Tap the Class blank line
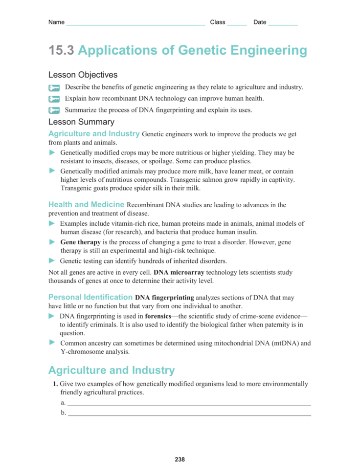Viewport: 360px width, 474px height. click(237, 23)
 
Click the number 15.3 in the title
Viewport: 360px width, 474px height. click(61, 51)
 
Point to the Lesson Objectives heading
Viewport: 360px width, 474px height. click(83, 75)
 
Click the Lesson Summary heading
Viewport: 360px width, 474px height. click(81, 122)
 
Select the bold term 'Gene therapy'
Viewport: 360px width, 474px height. click(80, 242)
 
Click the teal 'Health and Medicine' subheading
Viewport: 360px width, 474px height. click(86, 205)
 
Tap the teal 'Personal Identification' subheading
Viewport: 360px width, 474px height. click(90, 297)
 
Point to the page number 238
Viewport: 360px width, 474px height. click(180, 459)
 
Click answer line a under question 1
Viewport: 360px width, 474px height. click(189, 405)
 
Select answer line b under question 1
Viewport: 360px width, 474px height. click(189, 415)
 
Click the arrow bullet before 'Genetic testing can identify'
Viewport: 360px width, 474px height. click(52, 260)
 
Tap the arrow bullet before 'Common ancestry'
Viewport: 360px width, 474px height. click(52, 343)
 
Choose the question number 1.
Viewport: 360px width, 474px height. click(55, 384)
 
